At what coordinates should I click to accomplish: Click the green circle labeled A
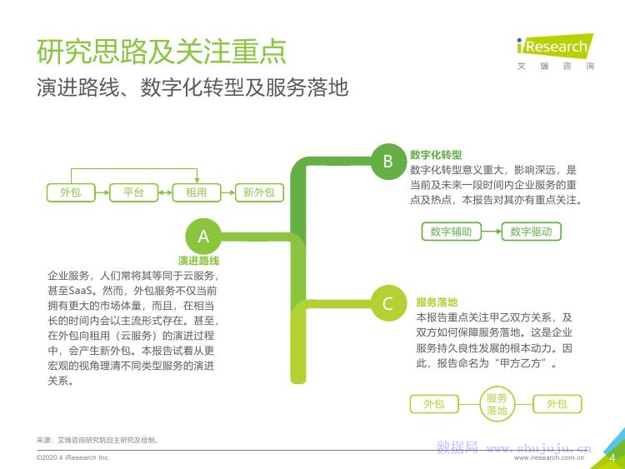[203, 237]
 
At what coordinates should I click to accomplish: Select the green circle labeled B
[387, 162]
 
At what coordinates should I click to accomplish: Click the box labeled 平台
[133, 192]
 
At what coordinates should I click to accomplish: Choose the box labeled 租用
[196, 192]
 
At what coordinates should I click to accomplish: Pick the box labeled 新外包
[259, 192]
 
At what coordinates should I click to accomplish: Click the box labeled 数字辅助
[451, 232]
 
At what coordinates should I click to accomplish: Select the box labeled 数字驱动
[531, 232]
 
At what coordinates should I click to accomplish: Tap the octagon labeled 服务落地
[497, 404]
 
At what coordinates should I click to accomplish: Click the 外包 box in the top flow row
[71, 192]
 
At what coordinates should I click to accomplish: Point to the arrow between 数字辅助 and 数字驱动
[491, 232]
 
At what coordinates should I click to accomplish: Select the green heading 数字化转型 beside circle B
[436, 155]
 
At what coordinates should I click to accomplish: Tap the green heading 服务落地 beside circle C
[437, 302]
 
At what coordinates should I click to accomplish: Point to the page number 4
[612, 457]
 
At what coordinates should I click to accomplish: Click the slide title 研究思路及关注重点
[162, 52]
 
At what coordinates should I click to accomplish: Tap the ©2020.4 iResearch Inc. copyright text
[73, 458]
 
